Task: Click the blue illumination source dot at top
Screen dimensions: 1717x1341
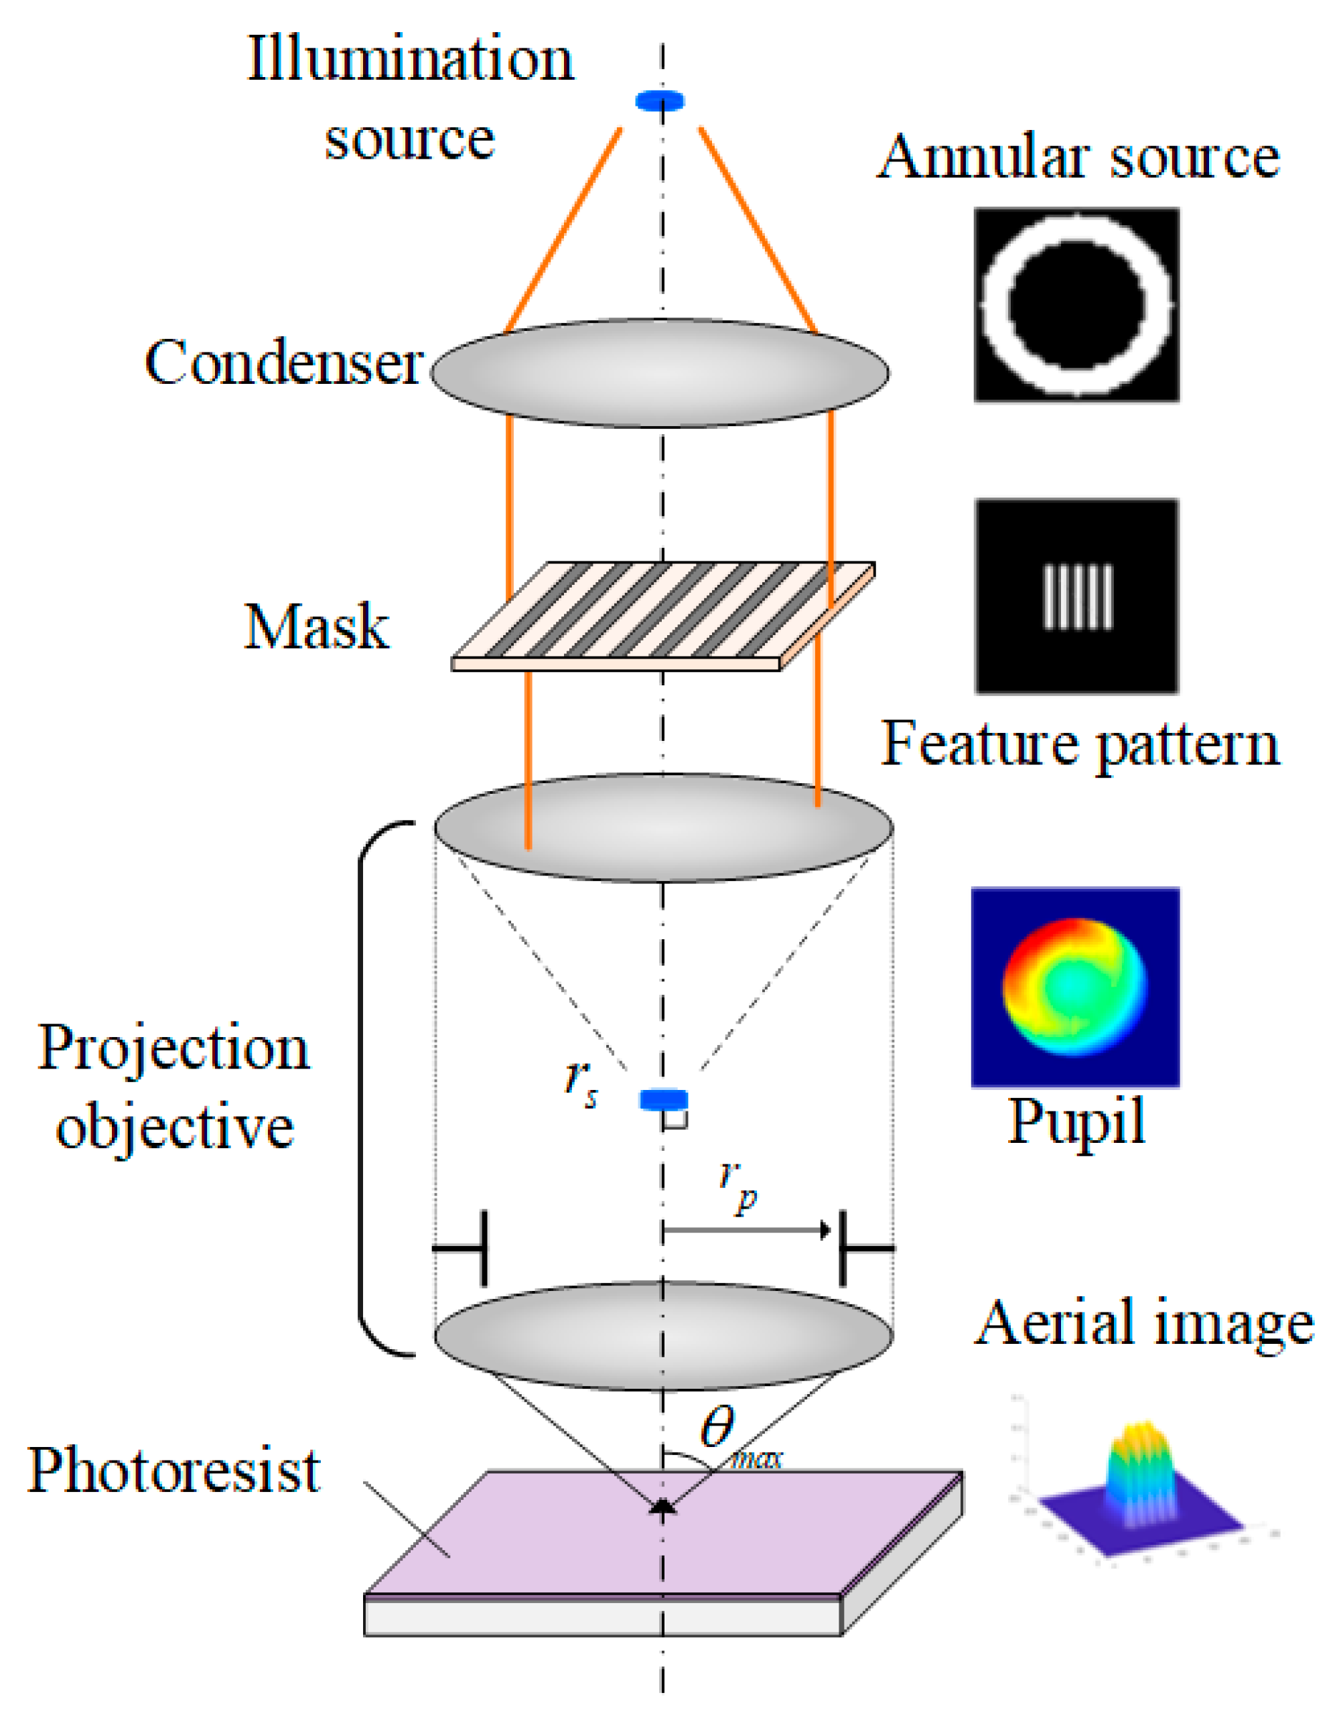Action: tap(660, 100)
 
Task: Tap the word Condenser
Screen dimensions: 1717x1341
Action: tap(284, 363)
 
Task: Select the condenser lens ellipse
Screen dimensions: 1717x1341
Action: tap(660, 373)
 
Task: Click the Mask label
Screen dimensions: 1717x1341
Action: tap(316, 626)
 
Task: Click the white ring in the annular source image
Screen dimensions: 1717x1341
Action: tap(996, 305)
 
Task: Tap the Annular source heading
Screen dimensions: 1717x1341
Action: tap(1078, 157)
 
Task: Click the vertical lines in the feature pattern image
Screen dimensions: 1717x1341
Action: tap(1078, 597)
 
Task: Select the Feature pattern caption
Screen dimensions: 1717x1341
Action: tap(1079, 744)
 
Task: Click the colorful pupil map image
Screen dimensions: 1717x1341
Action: tap(1074, 987)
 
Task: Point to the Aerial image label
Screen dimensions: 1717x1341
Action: tap(1143, 1323)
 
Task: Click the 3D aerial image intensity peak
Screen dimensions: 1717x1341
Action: tap(1141, 1466)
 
